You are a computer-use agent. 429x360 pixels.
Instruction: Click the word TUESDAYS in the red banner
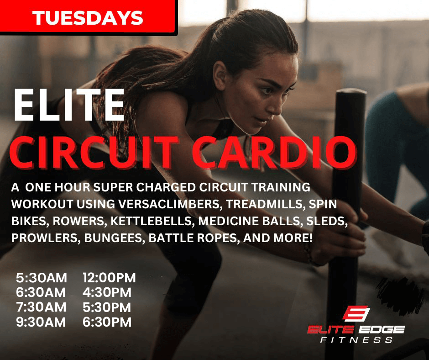[x=88, y=18]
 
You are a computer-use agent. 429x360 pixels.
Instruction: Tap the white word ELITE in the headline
[x=69, y=105]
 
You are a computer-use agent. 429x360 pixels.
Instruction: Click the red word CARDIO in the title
[x=273, y=152]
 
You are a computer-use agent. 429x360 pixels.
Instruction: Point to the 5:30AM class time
[x=42, y=278]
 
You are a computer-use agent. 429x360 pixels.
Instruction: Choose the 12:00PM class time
[x=109, y=278]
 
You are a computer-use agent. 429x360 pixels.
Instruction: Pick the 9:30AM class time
[x=41, y=322]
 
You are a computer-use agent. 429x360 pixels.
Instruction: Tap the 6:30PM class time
[x=107, y=322]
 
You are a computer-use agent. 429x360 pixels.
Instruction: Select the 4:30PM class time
[x=107, y=292]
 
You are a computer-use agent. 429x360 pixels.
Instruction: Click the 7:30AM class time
[x=41, y=307]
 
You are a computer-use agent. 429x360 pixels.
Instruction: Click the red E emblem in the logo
[x=356, y=313]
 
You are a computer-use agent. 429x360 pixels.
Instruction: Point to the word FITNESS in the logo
[x=356, y=340]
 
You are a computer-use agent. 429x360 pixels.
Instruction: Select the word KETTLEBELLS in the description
[x=151, y=221]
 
